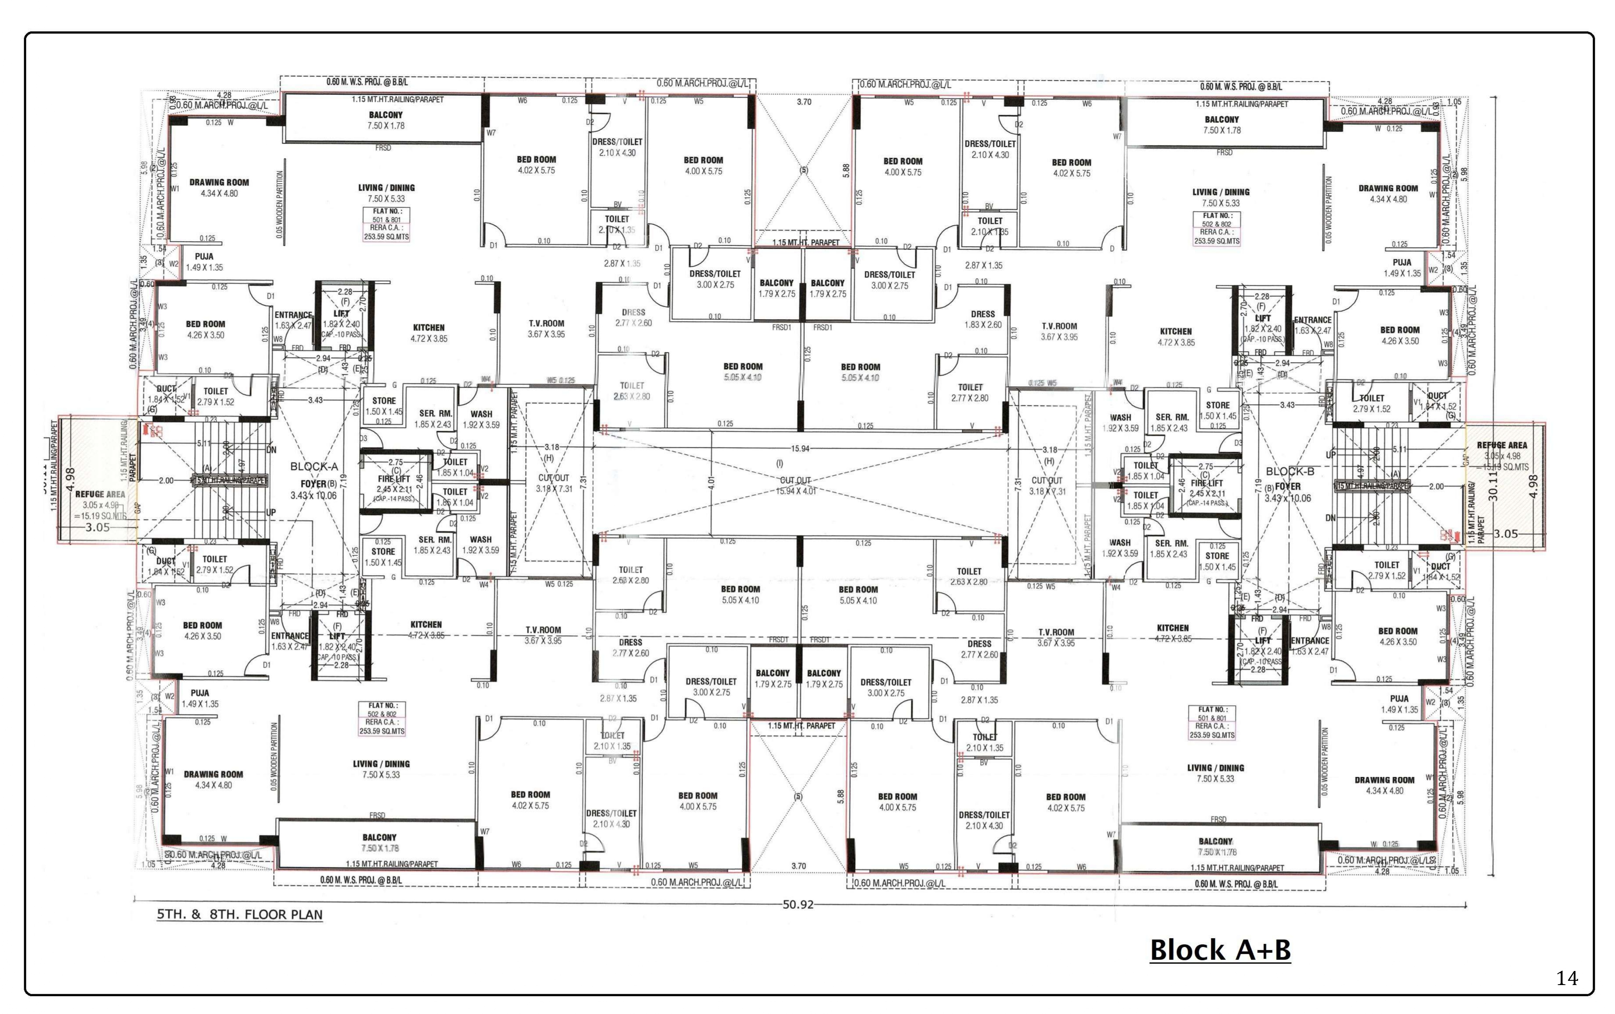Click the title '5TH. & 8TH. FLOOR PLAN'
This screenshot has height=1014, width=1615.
pyautogui.click(x=240, y=915)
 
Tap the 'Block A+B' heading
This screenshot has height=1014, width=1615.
pyautogui.click(x=1220, y=950)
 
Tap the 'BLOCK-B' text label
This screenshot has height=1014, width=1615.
pyautogui.click(x=1290, y=471)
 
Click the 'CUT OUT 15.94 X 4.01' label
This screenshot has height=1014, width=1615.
pyautogui.click(x=795, y=485)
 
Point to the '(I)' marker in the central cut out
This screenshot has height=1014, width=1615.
pyautogui.click(x=779, y=463)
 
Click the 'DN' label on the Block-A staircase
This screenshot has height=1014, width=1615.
pyautogui.click(x=271, y=450)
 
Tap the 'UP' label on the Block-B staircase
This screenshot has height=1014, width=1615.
pyautogui.click(x=1331, y=455)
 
